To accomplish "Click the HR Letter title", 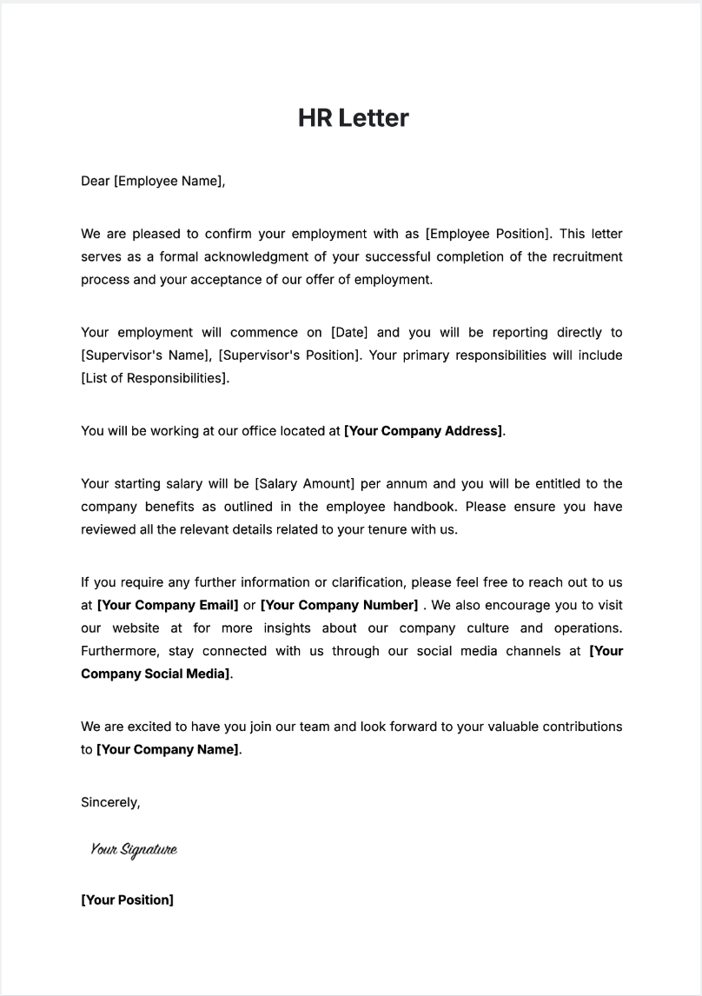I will point(353,118).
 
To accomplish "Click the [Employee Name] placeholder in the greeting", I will point(169,182).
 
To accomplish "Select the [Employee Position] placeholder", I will point(488,234).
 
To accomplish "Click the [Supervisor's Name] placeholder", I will point(145,355).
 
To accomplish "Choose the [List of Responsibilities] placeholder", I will point(155,377).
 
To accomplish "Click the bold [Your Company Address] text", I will point(423,430).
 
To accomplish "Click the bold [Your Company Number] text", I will point(339,605).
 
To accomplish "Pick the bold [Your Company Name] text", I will point(168,749).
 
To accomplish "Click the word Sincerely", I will point(109,802).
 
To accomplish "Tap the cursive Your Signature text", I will point(134,850).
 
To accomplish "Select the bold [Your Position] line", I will point(127,900).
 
